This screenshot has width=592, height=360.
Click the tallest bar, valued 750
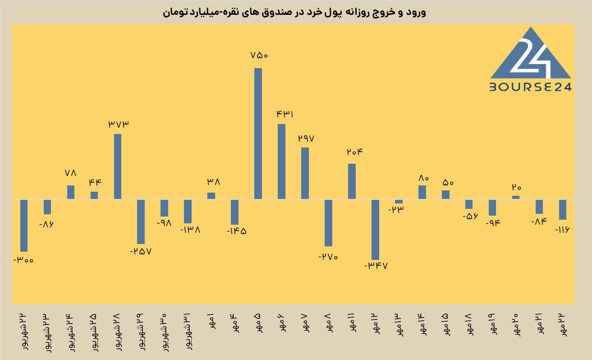[x=258, y=134]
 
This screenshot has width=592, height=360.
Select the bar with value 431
[x=281, y=162]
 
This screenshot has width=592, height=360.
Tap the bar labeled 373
[x=118, y=166]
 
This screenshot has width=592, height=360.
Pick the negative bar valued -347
[x=375, y=230]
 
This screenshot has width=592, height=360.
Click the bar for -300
[x=24, y=226]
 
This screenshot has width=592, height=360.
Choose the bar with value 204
[x=352, y=181]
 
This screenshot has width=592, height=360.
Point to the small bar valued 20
[x=516, y=197]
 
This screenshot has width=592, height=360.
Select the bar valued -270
[x=328, y=223]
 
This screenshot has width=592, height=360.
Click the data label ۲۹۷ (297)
[x=306, y=138]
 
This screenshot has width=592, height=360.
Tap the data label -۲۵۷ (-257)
[x=141, y=251]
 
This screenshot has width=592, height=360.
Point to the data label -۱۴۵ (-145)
[x=237, y=231]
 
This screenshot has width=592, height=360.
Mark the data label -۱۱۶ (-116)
[x=562, y=230]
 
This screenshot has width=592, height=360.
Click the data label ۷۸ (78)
[x=71, y=173]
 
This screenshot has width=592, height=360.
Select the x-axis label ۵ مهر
[x=258, y=323]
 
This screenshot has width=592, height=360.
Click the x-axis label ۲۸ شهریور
[x=118, y=332]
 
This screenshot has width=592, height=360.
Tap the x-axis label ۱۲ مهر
[x=376, y=324]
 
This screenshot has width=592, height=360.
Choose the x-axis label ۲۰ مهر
[x=516, y=325]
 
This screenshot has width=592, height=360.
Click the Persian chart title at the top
[x=294, y=13]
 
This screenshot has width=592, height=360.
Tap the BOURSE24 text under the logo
[x=530, y=87]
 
